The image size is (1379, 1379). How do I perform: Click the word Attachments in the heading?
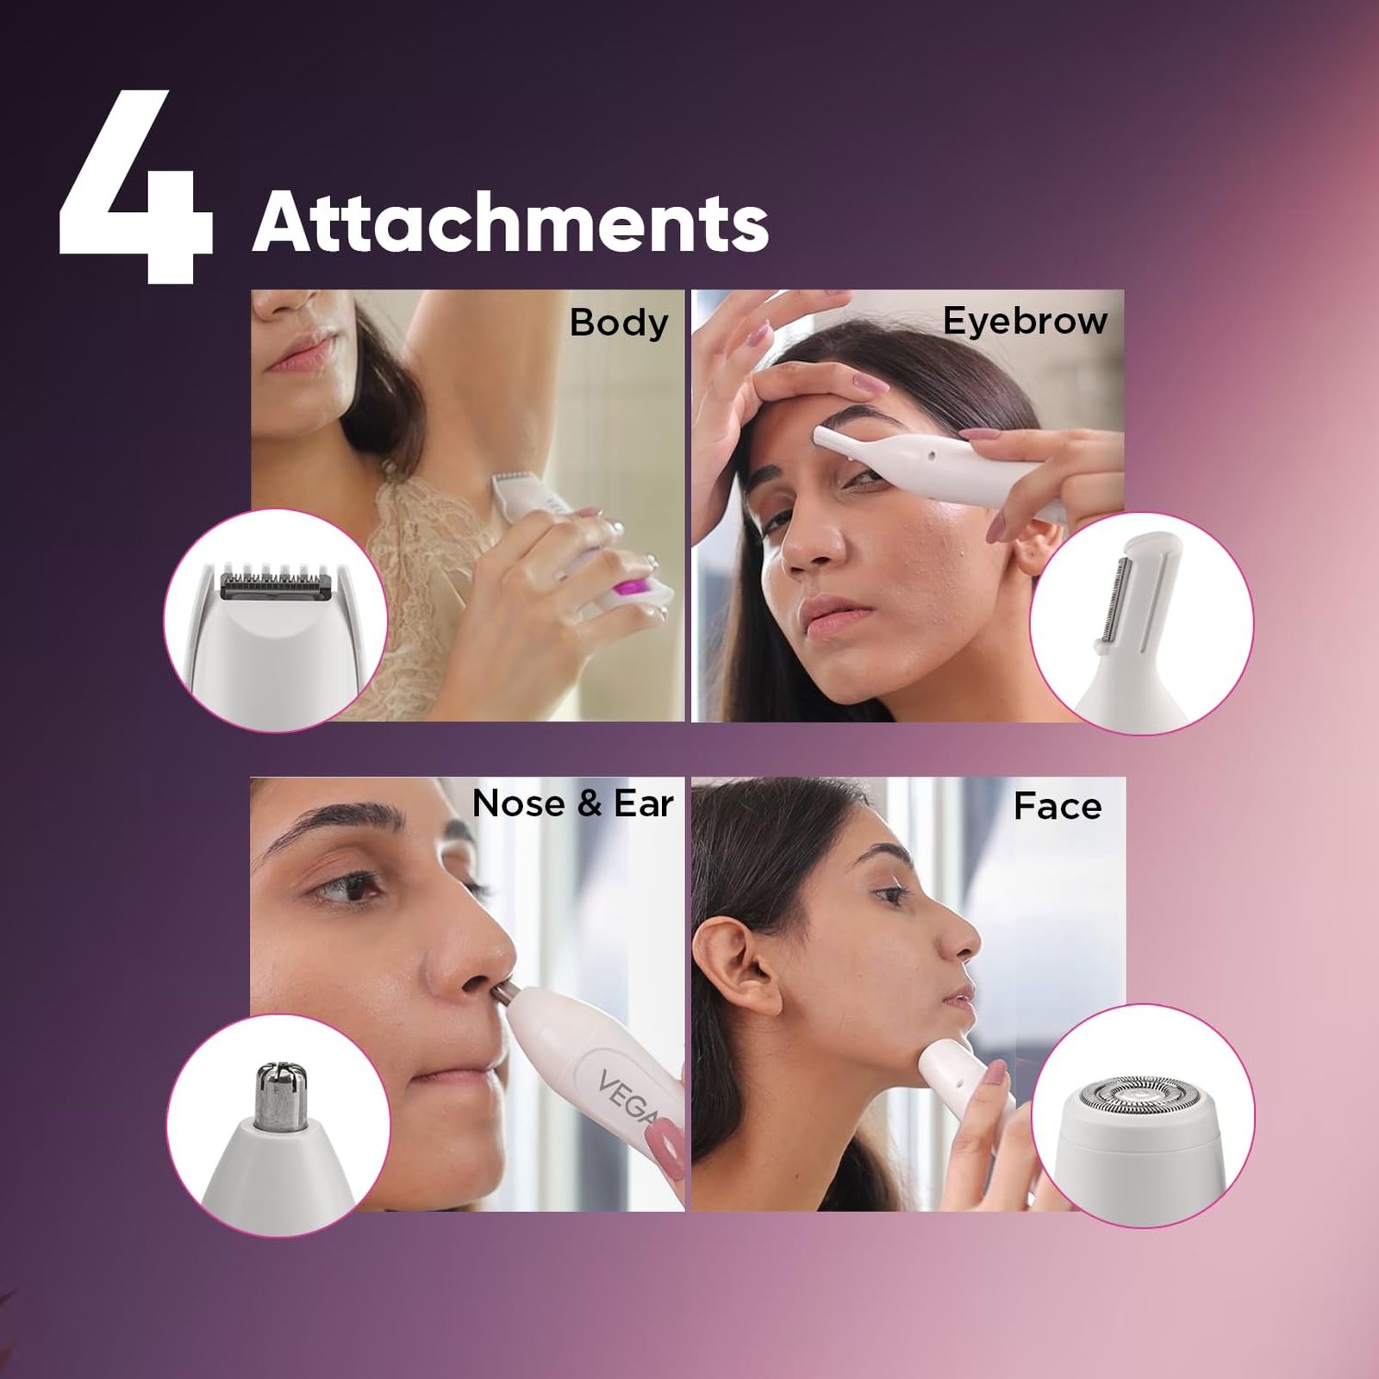pyautogui.click(x=509, y=222)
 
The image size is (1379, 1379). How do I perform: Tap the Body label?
pyautogui.click(x=619, y=323)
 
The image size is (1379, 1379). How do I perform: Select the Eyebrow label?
pyautogui.click(x=1025, y=321)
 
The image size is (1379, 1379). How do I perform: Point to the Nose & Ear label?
pyautogui.click(x=572, y=803)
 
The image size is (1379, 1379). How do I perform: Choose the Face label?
pyautogui.click(x=1057, y=807)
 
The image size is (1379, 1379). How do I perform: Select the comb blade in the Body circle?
pyautogui.click(x=276, y=583)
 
